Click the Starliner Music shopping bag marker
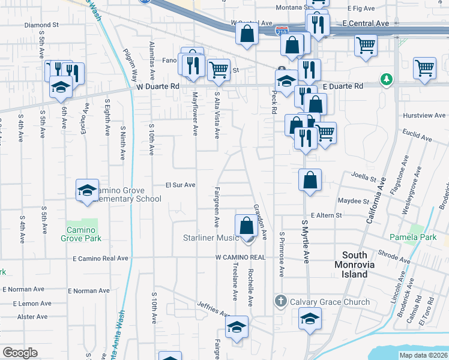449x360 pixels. tap(246, 226)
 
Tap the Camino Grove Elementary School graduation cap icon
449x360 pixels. tap(87, 190)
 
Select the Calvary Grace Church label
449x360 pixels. tap(330, 301)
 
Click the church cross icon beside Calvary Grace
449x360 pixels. tap(280, 300)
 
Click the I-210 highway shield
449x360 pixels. tap(280, 29)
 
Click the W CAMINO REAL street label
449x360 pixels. tap(240, 257)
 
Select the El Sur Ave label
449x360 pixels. tap(181, 185)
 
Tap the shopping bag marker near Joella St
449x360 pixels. tap(310, 180)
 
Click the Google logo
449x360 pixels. tap(20, 353)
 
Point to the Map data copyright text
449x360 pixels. tap(423, 355)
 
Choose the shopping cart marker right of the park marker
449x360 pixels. tap(424, 68)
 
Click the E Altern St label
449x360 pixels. tap(326, 215)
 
